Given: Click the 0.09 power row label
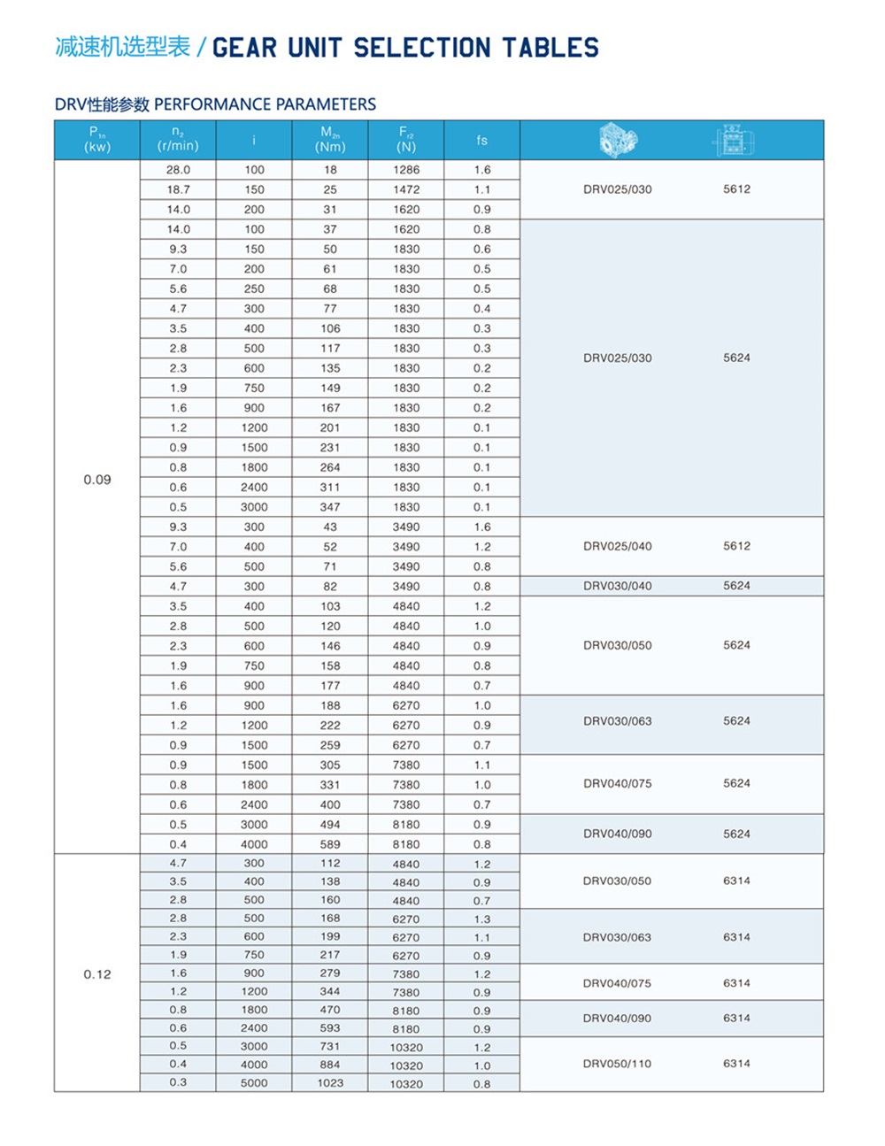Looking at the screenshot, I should [97, 480].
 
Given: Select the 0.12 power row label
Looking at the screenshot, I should [97, 974].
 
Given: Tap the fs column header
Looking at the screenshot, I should [481, 140].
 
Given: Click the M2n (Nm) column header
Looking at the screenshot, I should [330, 140].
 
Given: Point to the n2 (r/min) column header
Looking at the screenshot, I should [178, 140].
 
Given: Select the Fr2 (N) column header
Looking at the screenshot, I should [406, 140].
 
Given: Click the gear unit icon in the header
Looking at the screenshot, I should [617, 140].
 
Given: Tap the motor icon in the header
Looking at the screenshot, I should [735, 140].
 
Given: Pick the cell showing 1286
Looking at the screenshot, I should [406, 170].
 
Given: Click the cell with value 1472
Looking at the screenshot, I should [406, 189].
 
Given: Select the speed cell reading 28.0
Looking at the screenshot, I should [178, 170].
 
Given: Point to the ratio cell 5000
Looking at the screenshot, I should [254, 1082].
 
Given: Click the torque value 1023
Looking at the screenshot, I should [330, 1082].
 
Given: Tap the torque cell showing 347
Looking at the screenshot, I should [330, 507].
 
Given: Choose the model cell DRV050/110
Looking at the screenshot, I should [617, 1064].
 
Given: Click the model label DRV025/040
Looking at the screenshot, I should [617, 546].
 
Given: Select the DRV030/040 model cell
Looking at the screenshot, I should [617, 586].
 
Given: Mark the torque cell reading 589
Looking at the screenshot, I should [330, 844].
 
